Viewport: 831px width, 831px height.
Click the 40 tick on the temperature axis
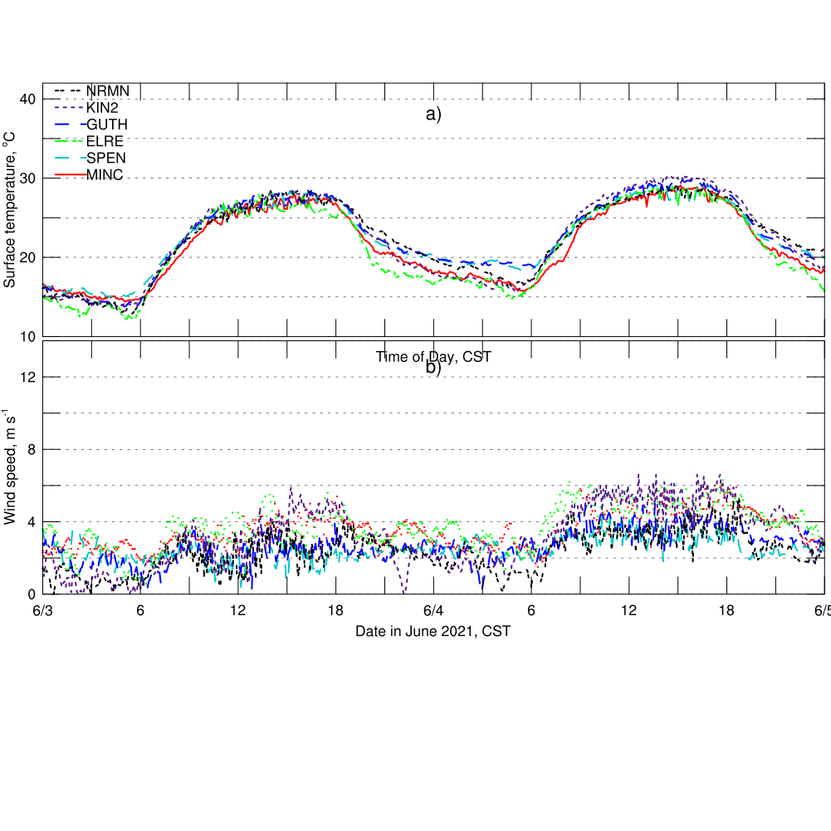27,100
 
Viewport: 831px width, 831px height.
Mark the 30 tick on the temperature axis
27,178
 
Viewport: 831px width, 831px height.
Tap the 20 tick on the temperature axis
27,257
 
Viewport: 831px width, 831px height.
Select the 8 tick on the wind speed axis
31,450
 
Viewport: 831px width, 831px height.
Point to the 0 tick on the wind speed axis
31,594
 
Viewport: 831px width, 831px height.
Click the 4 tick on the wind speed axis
31,522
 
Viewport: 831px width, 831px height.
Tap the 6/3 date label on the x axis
43,611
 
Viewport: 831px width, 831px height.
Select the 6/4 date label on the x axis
433,611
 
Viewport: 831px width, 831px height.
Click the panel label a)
433,115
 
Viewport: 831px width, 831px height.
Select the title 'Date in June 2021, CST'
433,632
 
